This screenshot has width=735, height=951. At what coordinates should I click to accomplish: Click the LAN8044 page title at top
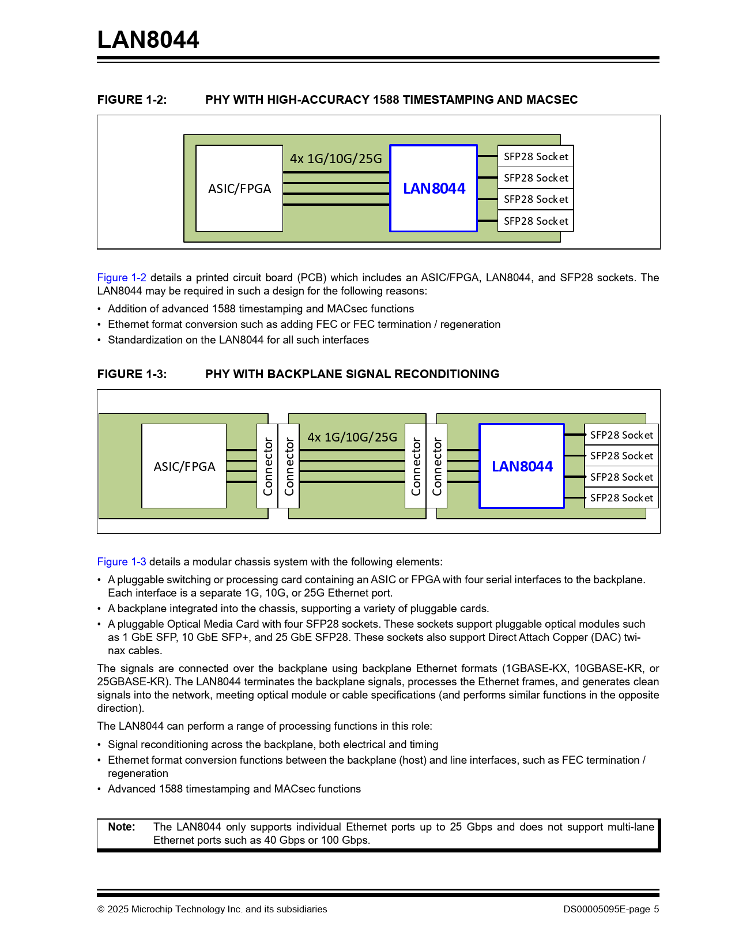click(148, 40)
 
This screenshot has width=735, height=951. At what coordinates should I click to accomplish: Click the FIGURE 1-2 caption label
click(132, 100)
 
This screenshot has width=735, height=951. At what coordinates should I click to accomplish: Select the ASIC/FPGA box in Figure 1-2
click(239, 188)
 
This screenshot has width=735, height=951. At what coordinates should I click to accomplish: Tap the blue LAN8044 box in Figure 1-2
click(434, 188)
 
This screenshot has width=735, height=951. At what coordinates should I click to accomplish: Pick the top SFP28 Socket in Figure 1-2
click(536, 156)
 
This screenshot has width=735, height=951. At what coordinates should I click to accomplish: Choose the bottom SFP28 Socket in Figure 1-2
click(536, 221)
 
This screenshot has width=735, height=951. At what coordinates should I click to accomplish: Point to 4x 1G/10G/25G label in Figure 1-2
click(336, 158)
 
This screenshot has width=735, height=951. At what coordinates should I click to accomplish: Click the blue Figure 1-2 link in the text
click(122, 278)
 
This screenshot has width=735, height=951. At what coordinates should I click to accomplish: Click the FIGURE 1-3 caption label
click(132, 374)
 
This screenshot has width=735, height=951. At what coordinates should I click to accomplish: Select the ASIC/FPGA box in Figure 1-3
click(184, 466)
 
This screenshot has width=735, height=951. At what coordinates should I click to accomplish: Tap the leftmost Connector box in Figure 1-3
click(267, 466)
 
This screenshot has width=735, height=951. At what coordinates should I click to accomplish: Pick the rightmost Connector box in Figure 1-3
click(437, 466)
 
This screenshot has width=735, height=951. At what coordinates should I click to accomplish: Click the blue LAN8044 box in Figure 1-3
click(522, 466)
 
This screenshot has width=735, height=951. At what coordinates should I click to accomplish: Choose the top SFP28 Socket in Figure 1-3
click(621, 435)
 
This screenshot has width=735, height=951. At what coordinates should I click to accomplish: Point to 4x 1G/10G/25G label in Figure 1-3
click(352, 437)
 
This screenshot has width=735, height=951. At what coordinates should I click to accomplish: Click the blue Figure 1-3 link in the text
click(122, 562)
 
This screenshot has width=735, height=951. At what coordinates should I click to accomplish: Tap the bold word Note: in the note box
click(122, 827)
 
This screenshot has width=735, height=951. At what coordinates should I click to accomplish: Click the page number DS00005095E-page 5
click(611, 910)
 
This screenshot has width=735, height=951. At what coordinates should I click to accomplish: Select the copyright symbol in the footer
click(101, 910)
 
